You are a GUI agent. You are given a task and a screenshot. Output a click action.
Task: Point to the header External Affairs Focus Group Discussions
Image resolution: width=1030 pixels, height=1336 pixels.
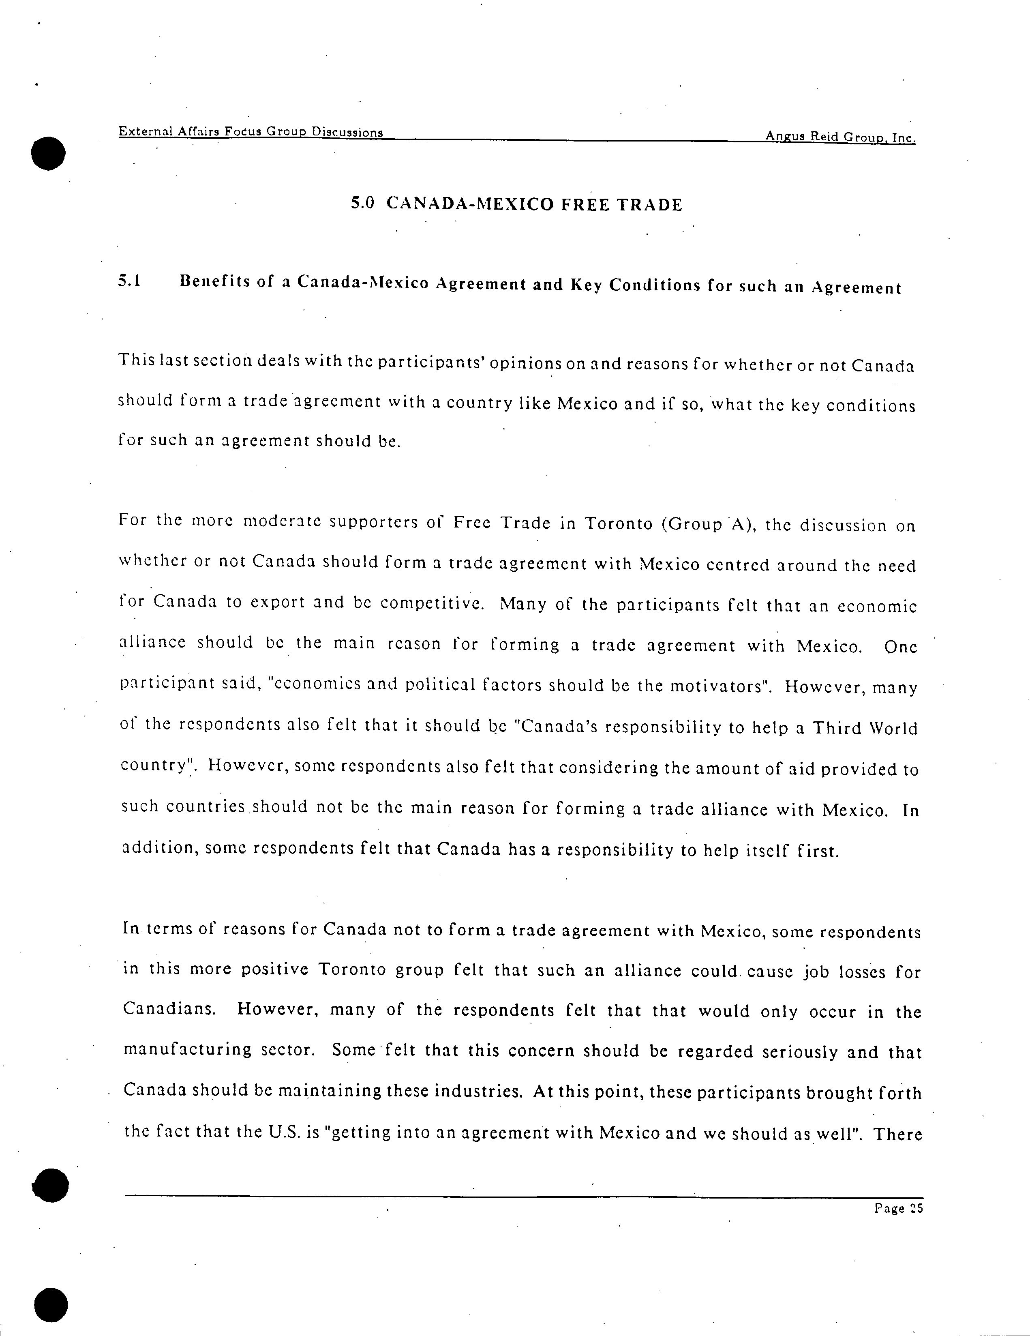pos(251,131)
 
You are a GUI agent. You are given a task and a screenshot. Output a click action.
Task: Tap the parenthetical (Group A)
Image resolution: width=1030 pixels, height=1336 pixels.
pos(708,525)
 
